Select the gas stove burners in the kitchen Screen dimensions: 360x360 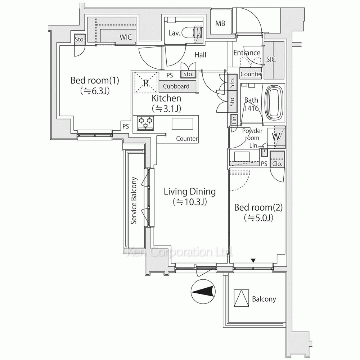(145, 123)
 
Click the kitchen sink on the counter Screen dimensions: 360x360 (182, 123)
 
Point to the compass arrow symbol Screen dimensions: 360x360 (203, 291)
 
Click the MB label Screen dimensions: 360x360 (220, 24)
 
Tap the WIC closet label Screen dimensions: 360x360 (125, 36)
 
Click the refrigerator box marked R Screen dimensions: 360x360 (146, 82)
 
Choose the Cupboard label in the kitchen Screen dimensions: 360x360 (176, 86)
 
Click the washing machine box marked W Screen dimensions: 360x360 (276, 137)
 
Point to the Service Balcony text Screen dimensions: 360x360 (134, 200)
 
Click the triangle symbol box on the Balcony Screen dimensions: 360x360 (242, 298)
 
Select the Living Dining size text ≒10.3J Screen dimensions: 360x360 (189, 202)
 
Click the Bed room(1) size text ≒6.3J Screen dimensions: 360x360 (94, 91)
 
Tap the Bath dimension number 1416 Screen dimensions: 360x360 (251, 108)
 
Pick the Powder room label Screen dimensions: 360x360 (252, 134)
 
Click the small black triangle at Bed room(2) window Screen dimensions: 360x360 (253, 260)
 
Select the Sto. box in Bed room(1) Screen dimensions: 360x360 (79, 40)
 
